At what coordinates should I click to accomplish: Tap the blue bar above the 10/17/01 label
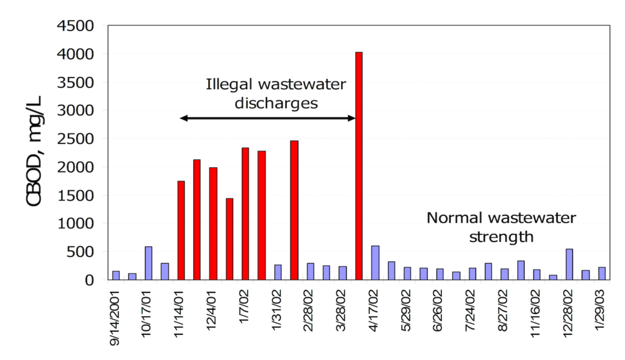coord(148,263)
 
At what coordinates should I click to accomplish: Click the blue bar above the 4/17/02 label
coord(375,263)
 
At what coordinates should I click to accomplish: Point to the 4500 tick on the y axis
coord(76,26)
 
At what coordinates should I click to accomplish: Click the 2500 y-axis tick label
coord(76,139)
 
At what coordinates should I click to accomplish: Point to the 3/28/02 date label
coord(342,308)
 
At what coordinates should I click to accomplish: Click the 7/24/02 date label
coord(472,308)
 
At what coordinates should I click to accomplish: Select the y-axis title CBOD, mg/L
coord(37,152)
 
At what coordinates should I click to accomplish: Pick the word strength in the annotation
coord(501,236)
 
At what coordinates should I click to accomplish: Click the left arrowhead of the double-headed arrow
coord(183,118)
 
